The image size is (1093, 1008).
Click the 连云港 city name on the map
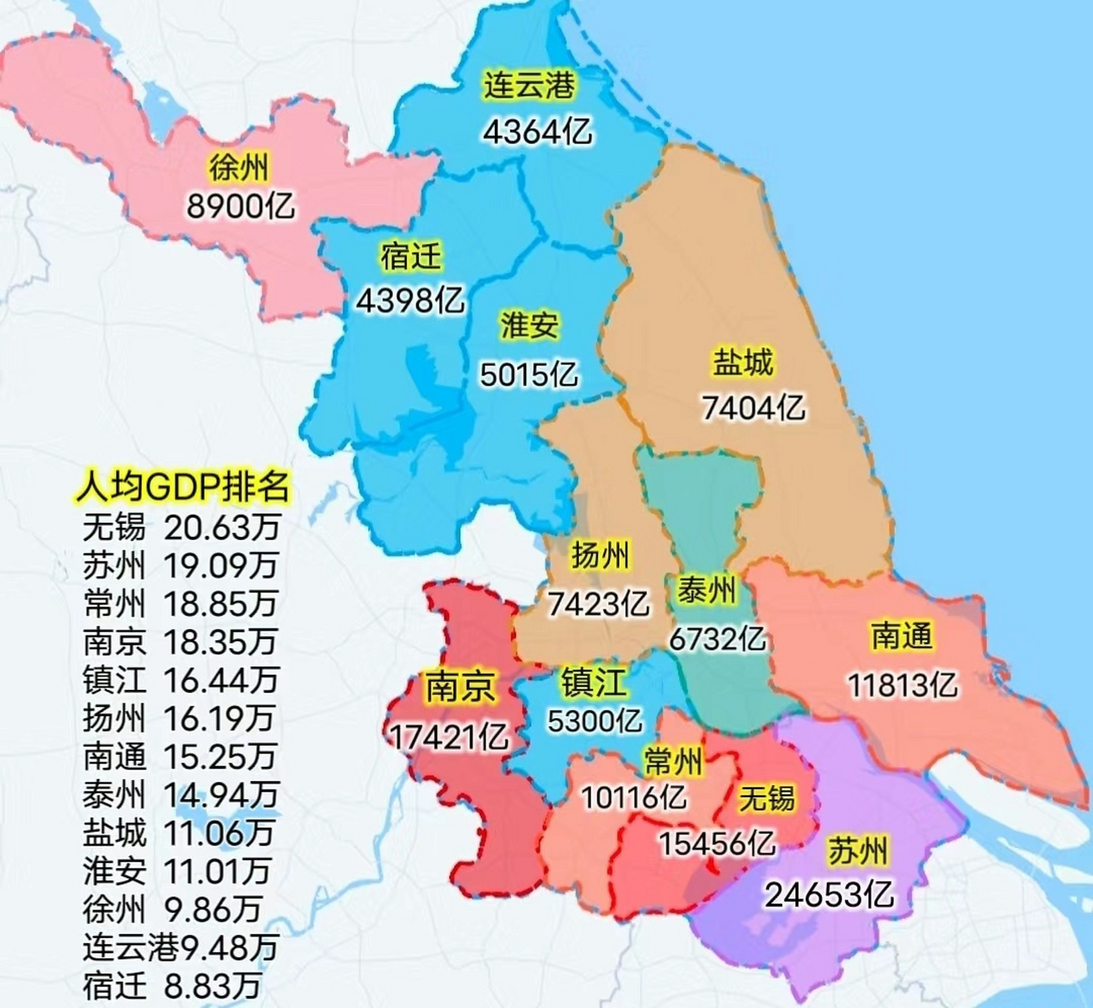(x=530, y=85)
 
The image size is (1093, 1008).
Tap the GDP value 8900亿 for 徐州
(x=241, y=206)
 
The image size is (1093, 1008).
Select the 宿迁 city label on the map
(x=411, y=257)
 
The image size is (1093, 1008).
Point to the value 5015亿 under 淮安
(x=529, y=375)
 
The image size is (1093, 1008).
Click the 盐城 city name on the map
(x=743, y=362)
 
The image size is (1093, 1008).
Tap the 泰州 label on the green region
(x=707, y=590)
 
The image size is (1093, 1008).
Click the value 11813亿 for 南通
(x=903, y=685)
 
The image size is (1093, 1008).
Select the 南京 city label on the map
(x=460, y=687)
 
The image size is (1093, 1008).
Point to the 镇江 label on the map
(x=594, y=682)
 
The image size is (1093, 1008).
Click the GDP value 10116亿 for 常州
(x=633, y=798)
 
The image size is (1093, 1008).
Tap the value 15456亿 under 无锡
(x=717, y=844)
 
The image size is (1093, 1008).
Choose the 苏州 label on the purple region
(x=857, y=851)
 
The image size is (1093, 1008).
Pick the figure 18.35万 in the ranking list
(x=220, y=642)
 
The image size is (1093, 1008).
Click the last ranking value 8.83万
(x=212, y=985)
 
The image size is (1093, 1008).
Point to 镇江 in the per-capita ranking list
(x=114, y=680)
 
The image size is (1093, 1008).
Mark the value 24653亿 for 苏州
(x=829, y=895)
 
